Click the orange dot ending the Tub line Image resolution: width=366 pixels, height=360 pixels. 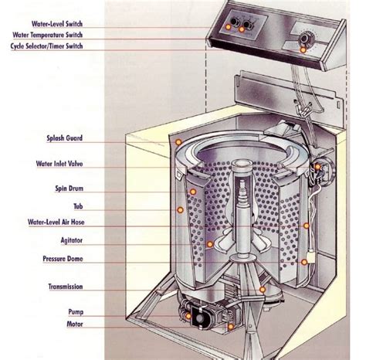tap(180, 209)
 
